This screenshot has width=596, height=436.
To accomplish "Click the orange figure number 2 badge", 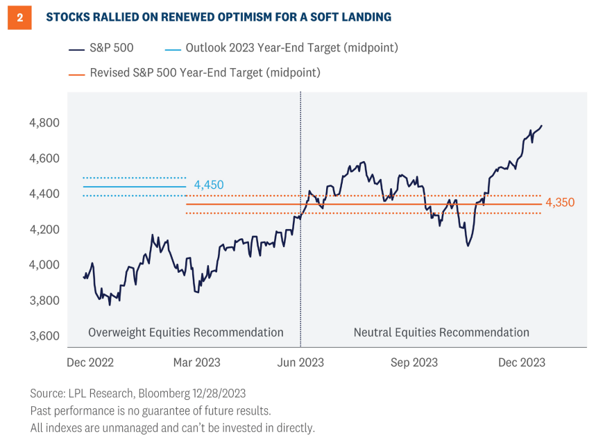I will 19,17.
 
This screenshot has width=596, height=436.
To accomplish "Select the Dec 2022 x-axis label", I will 90,362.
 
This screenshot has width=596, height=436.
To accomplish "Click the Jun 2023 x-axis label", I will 300,362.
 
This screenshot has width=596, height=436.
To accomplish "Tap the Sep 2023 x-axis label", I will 414,362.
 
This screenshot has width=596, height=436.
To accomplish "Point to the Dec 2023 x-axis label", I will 521,362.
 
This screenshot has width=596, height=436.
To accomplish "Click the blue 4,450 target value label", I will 210,185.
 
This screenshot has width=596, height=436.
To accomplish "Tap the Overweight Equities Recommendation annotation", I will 185,333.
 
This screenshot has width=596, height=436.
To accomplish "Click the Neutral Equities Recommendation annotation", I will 441,333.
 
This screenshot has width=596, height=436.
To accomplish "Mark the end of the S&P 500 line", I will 542,126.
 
